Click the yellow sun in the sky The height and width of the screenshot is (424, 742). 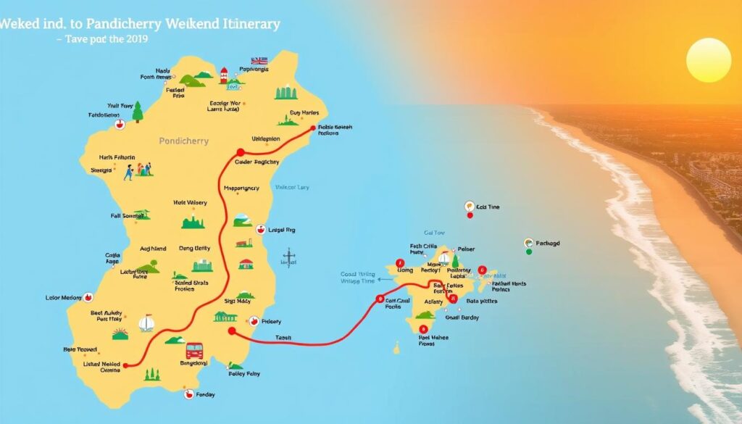(x=708, y=60)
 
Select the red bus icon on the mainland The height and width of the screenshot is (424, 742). (x=194, y=351)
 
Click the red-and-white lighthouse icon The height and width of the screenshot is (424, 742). (x=224, y=74)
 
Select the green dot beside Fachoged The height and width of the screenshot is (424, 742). (x=529, y=252)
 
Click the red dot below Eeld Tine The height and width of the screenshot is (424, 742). (x=470, y=215)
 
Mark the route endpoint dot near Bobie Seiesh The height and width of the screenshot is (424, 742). (x=314, y=128)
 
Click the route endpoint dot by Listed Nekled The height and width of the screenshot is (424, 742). (x=125, y=365)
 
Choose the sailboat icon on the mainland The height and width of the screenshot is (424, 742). (x=146, y=323)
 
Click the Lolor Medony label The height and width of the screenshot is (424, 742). (x=64, y=297)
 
